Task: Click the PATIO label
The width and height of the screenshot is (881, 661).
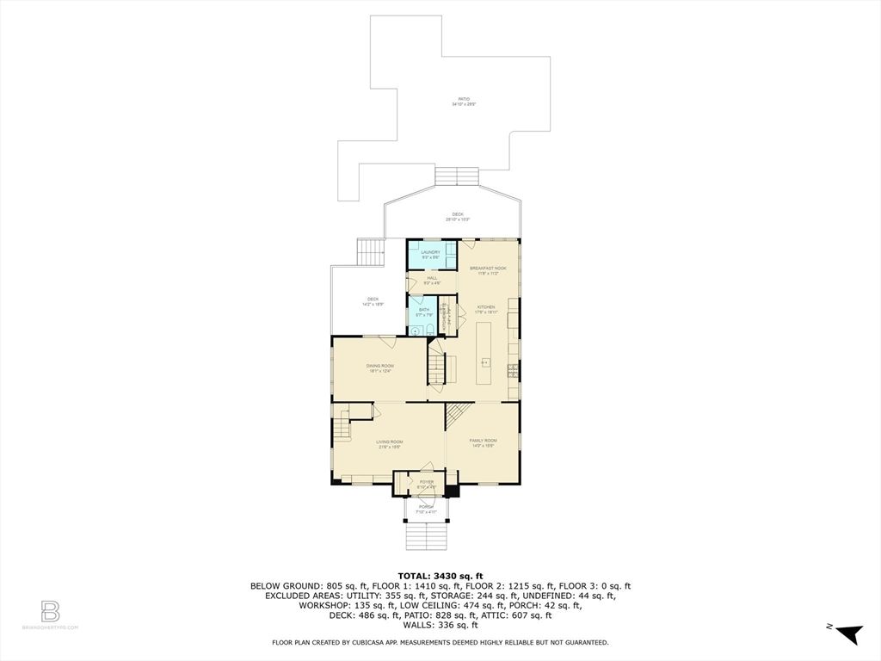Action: pos(464,101)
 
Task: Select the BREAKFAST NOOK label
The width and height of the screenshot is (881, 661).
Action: pos(488,270)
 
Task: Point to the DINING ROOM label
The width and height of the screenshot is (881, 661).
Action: pos(381,368)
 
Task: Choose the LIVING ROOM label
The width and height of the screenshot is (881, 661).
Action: pos(389,443)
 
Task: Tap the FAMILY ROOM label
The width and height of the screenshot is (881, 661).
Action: pos(483,442)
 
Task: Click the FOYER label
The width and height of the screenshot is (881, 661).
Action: pos(427,484)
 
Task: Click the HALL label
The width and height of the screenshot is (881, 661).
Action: pos(433,280)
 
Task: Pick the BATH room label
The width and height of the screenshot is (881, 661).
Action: pos(424,312)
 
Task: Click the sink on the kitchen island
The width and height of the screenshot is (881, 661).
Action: pos(484,362)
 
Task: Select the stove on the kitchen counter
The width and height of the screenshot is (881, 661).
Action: pos(513,371)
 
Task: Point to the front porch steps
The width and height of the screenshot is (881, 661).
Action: pos(425,538)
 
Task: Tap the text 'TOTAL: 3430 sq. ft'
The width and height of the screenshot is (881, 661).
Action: pos(440,576)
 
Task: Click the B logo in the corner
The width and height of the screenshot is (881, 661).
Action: pos(51,612)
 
